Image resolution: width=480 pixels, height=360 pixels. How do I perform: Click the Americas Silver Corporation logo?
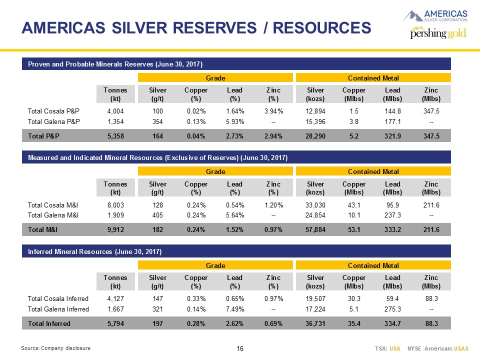pyautogui.click(x=435, y=16)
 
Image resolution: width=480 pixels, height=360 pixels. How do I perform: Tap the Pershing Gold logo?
pyautogui.click(x=438, y=33)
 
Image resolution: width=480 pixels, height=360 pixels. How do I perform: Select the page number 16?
pyautogui.click(x=240, y=348)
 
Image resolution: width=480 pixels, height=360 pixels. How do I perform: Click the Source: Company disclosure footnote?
pyautogui.click(x=55, y=348)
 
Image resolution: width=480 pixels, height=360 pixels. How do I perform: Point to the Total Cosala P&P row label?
pyautogui.click(x=53, y=111)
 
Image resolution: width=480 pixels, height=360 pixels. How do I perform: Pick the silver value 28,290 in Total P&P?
pyautogui.click(x=315, y=136)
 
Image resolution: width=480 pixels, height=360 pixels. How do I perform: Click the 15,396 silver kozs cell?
pyautogui.click(x=315, y=122)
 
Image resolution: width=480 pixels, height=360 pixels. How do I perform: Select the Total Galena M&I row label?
pyautogui.click(x=53, y=215)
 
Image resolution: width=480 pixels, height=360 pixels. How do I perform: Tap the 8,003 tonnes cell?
pyautogui.click(x=115, y=205)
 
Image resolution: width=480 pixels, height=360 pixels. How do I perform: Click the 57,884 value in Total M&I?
pyautogui.click(x=315, y=229)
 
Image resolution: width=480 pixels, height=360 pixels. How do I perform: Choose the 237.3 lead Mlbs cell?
pyautogui.click(x=392, y=215)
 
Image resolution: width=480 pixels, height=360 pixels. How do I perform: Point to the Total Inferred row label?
pyautogui.click(x=49, y=323)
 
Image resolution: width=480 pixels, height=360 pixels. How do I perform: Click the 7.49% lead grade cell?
pyautogui.click(x=235, y=309)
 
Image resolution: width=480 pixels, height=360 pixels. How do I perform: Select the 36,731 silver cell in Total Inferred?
pyautogui.click(x=315, y=323)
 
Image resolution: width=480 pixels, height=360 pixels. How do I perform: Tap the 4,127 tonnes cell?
pyautogui.click(x=115, y=298)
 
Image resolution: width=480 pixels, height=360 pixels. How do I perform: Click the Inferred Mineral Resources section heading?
pyautogui.click(x=94, y=251)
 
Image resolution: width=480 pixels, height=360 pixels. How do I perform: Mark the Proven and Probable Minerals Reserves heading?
pyautogui.click(x=115, y=64)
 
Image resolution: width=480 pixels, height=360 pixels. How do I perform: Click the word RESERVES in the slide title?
pyautogui.click(x=214, y=28)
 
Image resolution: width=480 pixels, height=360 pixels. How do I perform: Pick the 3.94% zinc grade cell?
pyautogui.click(x=273, y=111)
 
